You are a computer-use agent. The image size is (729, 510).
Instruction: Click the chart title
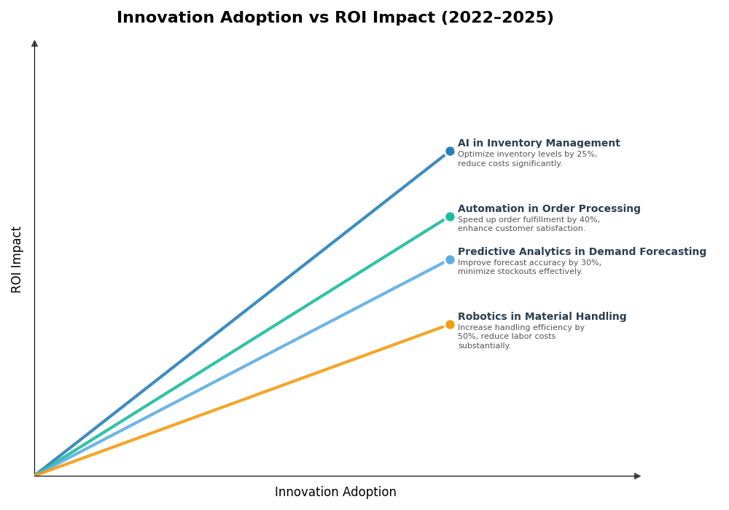(335, 18)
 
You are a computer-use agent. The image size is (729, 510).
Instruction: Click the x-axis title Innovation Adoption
(335, 493)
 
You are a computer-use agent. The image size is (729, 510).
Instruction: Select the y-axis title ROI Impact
(17, 259)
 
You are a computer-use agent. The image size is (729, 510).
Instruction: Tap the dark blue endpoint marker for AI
(450, 152)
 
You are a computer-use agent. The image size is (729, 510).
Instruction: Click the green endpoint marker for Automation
(450, 216)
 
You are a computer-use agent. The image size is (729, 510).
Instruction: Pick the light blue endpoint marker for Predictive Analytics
(450, 259)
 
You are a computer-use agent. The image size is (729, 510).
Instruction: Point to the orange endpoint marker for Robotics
(450, 324)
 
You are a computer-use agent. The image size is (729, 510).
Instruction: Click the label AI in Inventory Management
(539, 144)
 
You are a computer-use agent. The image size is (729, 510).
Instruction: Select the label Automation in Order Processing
(549, 209)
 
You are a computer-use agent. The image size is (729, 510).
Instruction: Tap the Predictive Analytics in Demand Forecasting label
(582, 252)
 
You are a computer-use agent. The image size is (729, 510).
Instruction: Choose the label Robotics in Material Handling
(542, 317)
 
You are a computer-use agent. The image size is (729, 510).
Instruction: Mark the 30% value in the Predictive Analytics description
(590, 263)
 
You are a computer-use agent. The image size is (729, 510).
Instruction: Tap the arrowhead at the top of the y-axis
(34, 44)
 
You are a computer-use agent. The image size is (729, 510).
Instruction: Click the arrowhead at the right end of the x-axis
(637, 476)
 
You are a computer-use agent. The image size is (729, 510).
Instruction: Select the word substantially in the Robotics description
(484, 346)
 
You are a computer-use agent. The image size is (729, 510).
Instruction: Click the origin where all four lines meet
(35, 475)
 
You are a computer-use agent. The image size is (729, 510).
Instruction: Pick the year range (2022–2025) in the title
(496, 18)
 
